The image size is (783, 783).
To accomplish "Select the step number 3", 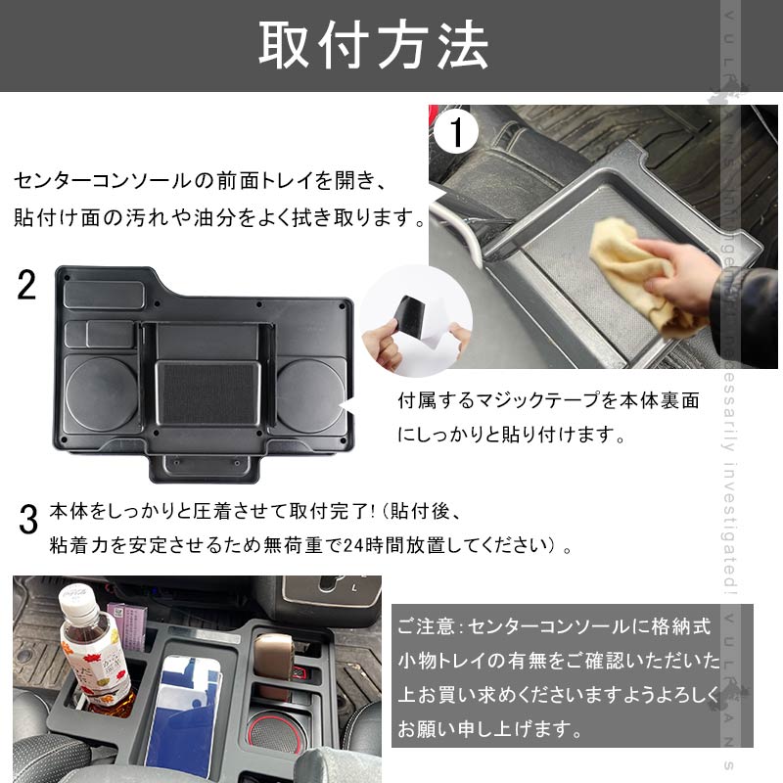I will tap(28, 519).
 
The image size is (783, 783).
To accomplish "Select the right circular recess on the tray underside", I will tap(309, 391).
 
